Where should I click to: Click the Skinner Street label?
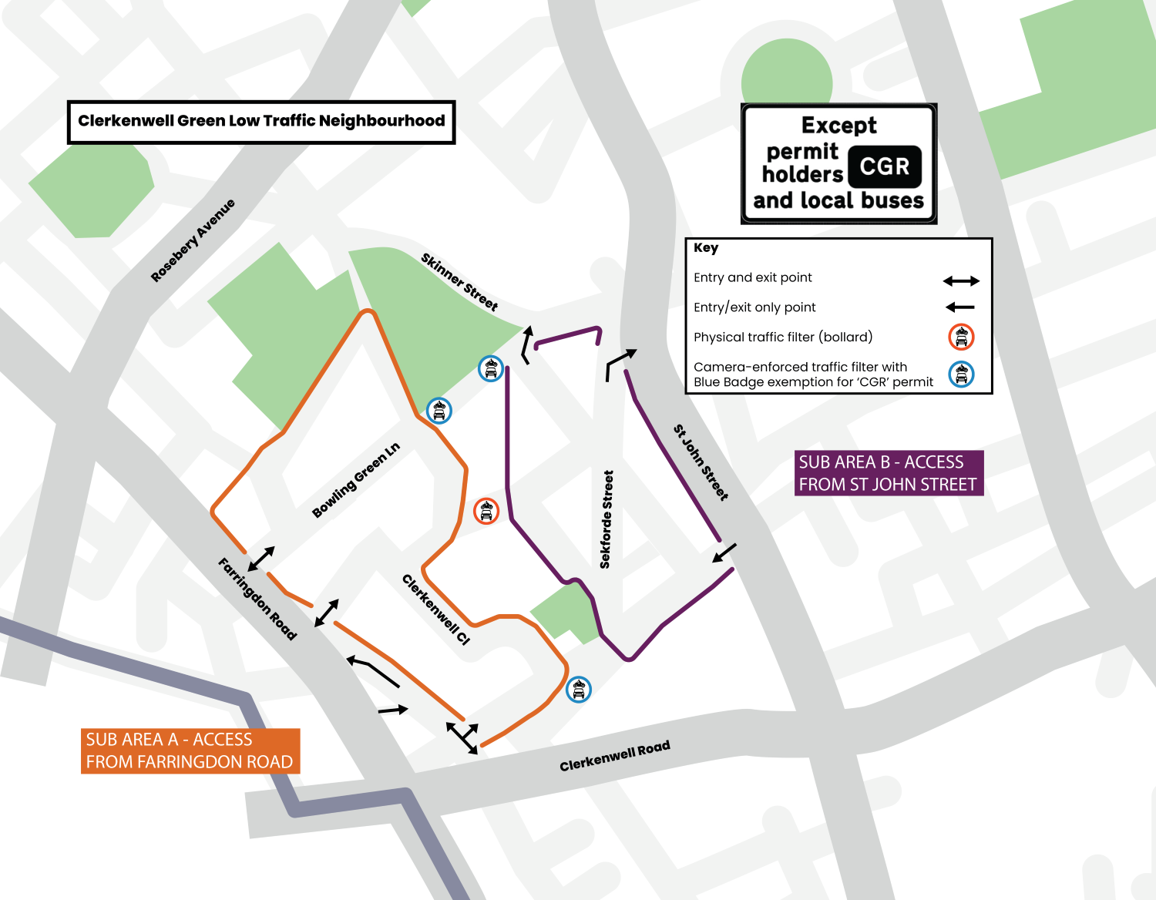[459, 281]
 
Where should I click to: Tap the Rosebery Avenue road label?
[193, 240]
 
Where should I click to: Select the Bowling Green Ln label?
[355, 480]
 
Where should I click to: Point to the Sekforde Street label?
[607, 519]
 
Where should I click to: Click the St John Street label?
[701, 462]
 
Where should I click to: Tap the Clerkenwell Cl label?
[435, 609]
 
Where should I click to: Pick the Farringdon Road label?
[257, 599]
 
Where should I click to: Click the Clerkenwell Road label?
[614, 756]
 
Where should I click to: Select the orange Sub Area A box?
[190, 751]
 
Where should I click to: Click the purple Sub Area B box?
[889, 473]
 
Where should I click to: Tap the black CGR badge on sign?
[884, 166]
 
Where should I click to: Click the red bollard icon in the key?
[961, 337]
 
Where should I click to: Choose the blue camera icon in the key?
[961, 374]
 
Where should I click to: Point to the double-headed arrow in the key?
[961, 281]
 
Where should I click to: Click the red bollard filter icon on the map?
[486, 510]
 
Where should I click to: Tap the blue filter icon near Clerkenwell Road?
[578, 689]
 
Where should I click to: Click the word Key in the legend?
[705, 248]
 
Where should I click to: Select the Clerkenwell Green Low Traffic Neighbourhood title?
[261, 121]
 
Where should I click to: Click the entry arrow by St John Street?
[724, 552]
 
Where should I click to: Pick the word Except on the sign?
[838, 125]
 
